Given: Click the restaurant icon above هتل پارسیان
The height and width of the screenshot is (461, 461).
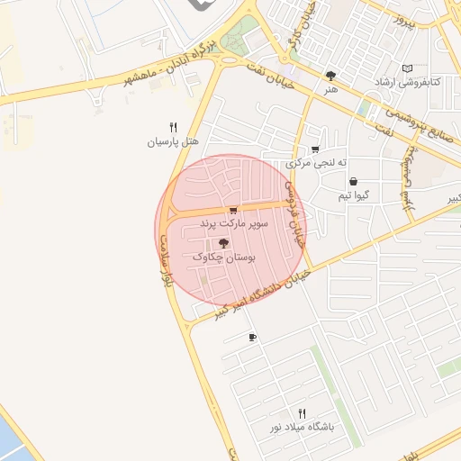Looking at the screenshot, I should point(173,128).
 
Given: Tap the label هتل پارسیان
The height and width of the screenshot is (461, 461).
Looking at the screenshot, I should point(173,142).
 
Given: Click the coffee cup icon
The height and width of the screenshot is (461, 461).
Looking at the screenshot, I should point(252,338).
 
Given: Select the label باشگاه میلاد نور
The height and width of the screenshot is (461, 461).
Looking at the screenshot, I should point(302,427).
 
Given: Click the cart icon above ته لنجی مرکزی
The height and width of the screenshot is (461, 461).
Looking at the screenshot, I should point(314,149).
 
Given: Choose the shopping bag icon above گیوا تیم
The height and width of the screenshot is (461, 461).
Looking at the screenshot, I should point(352,181).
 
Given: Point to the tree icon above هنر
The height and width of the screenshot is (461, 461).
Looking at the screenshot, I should point(330,77).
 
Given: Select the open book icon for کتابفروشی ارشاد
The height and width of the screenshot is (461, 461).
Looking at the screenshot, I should point(407,68).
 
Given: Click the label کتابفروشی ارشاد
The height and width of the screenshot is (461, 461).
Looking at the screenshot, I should point(407,82).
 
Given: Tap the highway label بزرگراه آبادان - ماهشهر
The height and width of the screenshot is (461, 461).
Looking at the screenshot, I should point(171,61).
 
